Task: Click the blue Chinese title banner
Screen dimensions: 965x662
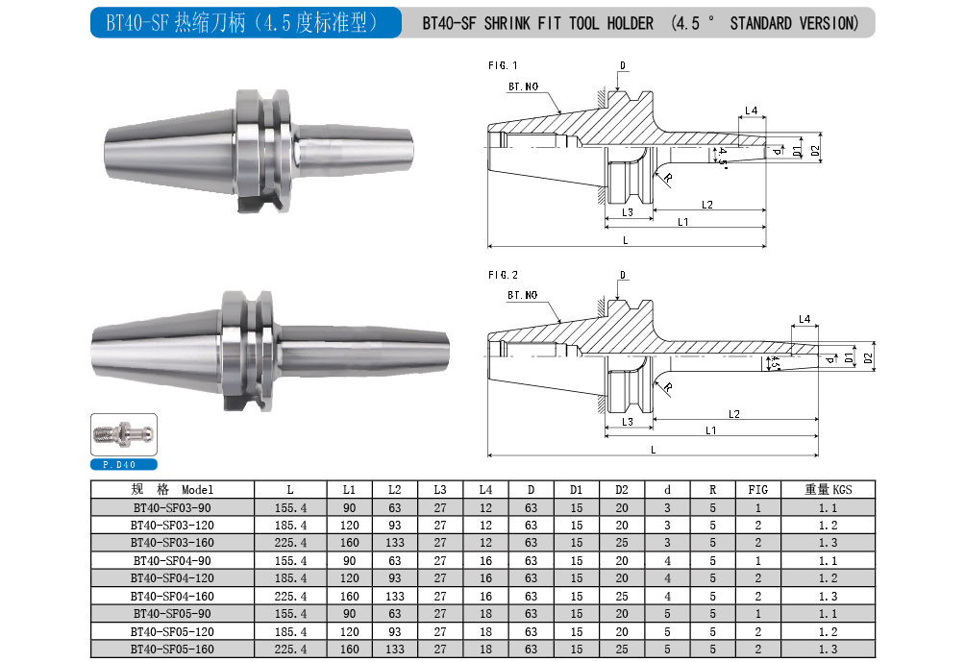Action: coord(245,23)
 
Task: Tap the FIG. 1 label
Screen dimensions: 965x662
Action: coord(503,65)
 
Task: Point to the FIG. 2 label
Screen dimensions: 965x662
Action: coord(503,275)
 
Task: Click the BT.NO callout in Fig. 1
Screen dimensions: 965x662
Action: coord(523,86)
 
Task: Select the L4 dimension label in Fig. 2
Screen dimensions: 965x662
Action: coord(804,319)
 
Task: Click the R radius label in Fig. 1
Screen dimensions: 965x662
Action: coord(668,178)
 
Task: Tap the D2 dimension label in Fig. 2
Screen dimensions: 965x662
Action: coord(868,357)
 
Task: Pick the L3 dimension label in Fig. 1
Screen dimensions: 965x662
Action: coord(627,212)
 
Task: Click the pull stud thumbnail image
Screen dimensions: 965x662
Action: coord(124,434)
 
